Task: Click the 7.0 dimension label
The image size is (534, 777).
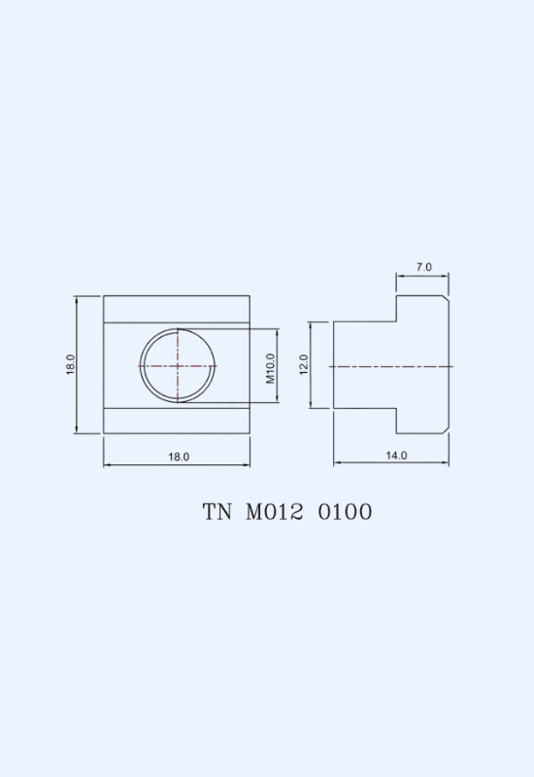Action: click(423, 267)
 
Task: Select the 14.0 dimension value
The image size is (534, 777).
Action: click(396, 456)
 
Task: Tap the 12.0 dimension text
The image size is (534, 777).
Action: click(304, 365)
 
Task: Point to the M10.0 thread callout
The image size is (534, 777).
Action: click(270, 369)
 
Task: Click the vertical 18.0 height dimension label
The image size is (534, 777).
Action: click(70, 364)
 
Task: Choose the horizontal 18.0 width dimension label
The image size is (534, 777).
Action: click(179, 456)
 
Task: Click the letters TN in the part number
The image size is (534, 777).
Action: click(217, 512)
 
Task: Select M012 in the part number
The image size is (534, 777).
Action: click(275, 512)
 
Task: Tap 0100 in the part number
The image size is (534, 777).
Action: click(345, 512)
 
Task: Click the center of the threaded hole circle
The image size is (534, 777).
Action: click(178, 366)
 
